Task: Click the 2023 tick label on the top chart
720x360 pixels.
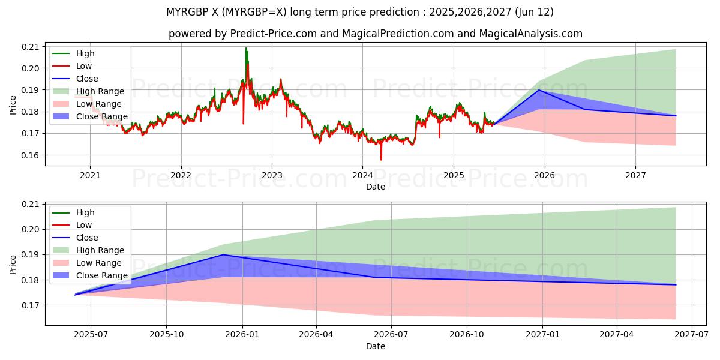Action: tap(272, 176)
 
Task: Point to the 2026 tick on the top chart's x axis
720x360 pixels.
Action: tap(544, 176)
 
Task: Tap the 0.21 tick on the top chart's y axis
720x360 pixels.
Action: tap(30, 47)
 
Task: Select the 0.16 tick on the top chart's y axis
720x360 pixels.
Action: tap(30, 155)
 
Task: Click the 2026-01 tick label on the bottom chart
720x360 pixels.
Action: tap(242, 335)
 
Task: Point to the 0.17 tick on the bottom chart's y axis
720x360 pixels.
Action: tap(30, 305)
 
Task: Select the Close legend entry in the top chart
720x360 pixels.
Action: tap(87, 79)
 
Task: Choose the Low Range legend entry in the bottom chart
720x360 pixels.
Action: tap(98, 263)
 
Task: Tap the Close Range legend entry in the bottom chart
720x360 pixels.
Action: tap(101, 275)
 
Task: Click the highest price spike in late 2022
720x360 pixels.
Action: tap(246, 48)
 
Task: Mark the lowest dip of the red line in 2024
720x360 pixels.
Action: tap(381, 160)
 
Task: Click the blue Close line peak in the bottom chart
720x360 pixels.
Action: tap(223, 254)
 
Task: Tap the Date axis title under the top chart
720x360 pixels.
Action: tap(375, 187)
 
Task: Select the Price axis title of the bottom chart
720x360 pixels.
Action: tap(13, 264)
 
